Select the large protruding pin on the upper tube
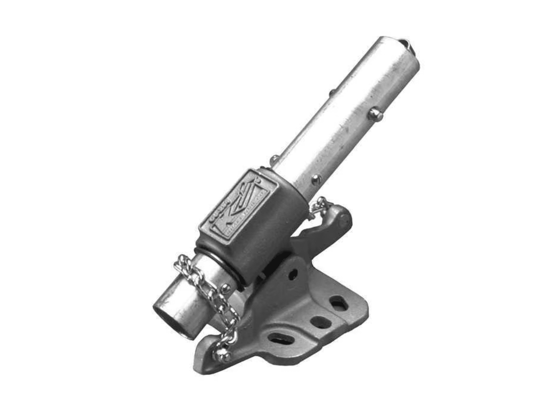[x=375, y=114]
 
